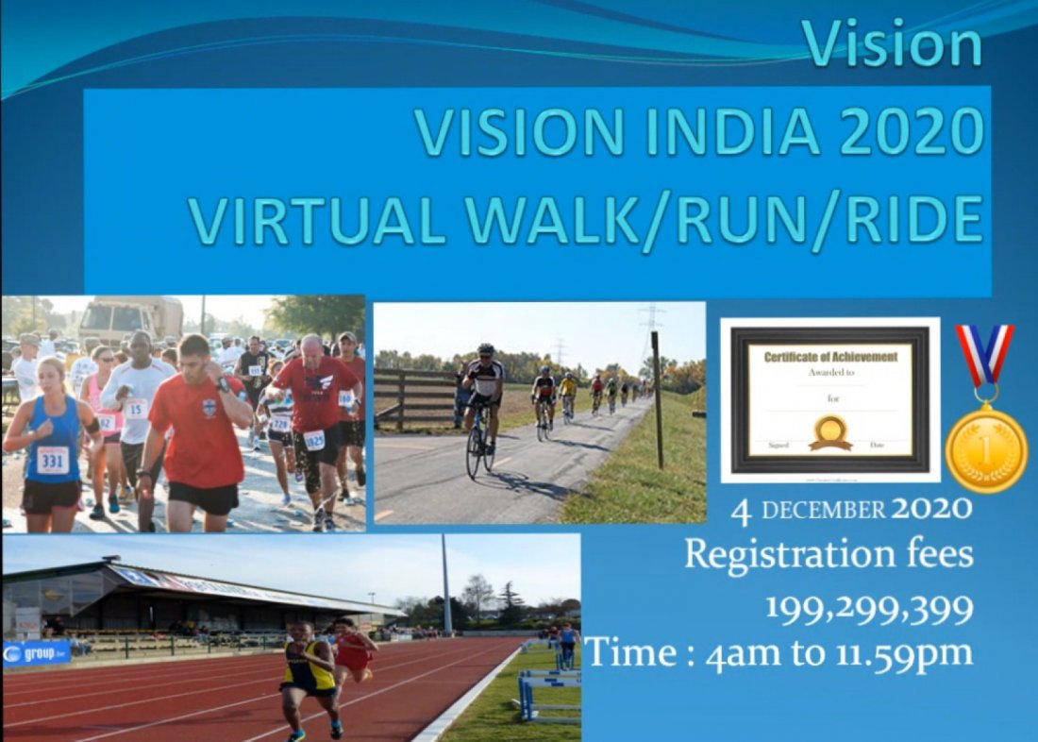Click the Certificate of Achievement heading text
coord(830,357)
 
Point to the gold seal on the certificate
coord(830,431)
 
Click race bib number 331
coord(53,460)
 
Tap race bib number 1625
coord(314,439)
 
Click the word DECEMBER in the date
coord(823,511)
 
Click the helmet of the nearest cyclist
coord(486,349)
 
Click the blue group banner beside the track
coord(37,653)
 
